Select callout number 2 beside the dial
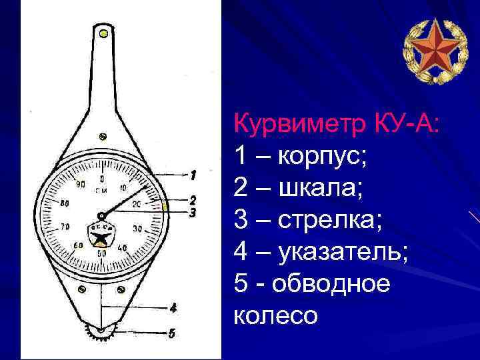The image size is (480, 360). point(192,200)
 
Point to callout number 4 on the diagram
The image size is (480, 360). point(173,307)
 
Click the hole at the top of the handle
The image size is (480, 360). point(102,32)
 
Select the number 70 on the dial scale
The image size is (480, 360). point(65,228)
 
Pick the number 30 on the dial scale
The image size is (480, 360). point(137,229)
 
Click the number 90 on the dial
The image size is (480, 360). point(81,184)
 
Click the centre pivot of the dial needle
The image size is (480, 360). point(101,215)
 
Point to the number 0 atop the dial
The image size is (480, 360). point(102,179)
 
